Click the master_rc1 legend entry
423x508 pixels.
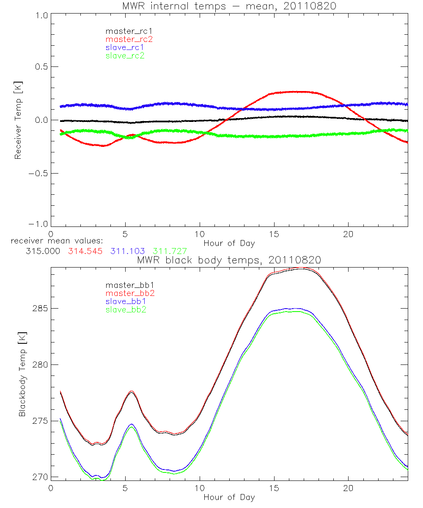[x=125, y=31]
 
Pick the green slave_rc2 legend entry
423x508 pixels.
[x=125, y=55]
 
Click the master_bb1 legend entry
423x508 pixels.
[x=126, y=285]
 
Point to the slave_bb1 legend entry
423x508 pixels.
[x=125, y=301]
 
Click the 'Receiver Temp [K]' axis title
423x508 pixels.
[x=18, y=121]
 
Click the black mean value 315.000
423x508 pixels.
[x=43, y=251]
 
